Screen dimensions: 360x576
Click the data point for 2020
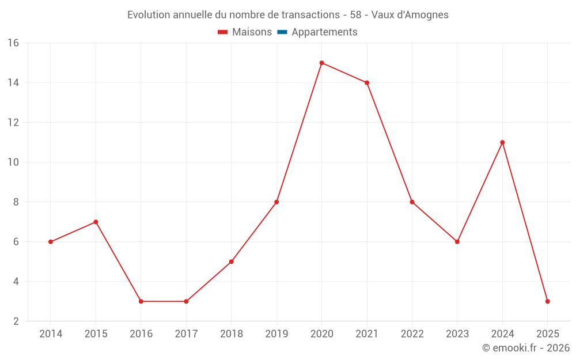[x=321, y=63]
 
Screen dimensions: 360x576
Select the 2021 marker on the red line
[x=367, y=83]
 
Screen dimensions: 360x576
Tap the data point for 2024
[x=502, y=142]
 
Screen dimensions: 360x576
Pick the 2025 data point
[x=547, y=301]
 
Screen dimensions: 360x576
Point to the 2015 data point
[x=96, y=222]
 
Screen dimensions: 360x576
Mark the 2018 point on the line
[x=231, y=262]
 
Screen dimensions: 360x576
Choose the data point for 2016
[x=141, y=301]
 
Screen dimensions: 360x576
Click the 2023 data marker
[x=457, y=242]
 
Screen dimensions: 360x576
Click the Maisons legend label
[x=252, y=32]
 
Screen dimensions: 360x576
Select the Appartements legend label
[x=324, y=32]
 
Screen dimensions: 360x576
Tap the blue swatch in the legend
[x=282, y=32]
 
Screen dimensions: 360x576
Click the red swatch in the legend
[x=223, y=32]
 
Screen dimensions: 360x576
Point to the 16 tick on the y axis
[x=13, y=43]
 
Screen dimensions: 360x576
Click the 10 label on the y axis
[x=13, y=162]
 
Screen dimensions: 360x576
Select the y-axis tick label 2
[x=16, y=321]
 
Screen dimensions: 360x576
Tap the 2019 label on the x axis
[x=276, y=334]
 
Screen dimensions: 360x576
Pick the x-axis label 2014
[x=51, y=334]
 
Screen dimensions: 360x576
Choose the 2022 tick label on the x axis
[x=412, y=334]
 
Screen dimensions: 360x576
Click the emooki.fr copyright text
[x=526, y=348]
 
